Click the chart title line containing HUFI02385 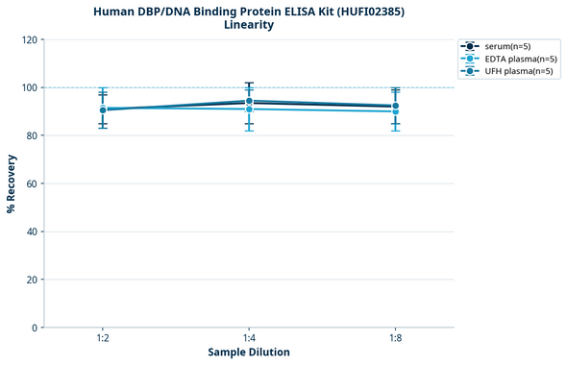pos(248,11)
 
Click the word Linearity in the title pos(248,25)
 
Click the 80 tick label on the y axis pos(31,135)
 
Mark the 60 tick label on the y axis pos(31,183)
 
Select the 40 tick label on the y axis pos(31,231)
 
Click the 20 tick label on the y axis pos(31,280)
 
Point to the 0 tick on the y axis pos(34,328)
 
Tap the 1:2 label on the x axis pos(102,339)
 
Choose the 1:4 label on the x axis pos(249,339)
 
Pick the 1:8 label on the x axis pos(395,339)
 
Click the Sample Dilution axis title pos(249,353)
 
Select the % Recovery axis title pos(11,183)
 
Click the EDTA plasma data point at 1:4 pos(249,109)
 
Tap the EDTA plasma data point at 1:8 pos(395,111)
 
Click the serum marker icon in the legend pos(469,46)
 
